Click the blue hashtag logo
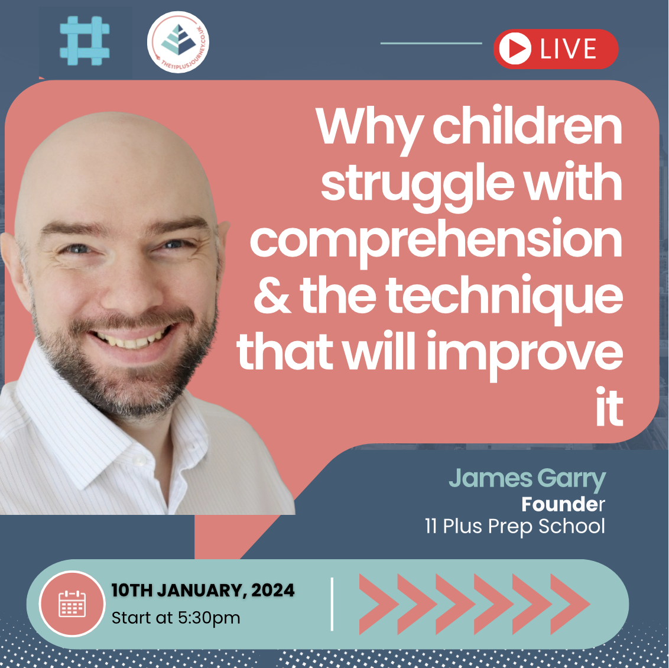click(85, 41)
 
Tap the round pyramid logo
click(178, 43)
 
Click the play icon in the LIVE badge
click(515, 49)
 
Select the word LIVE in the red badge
click(569, 49)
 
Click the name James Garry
click(527, 479)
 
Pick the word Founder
click(563, 504)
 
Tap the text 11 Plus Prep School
click(515, 526)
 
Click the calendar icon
click(72, 604)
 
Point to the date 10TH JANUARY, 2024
click(203, 590)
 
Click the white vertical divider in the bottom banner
click(332, 604)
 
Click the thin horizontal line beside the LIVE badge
click(431, 43)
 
